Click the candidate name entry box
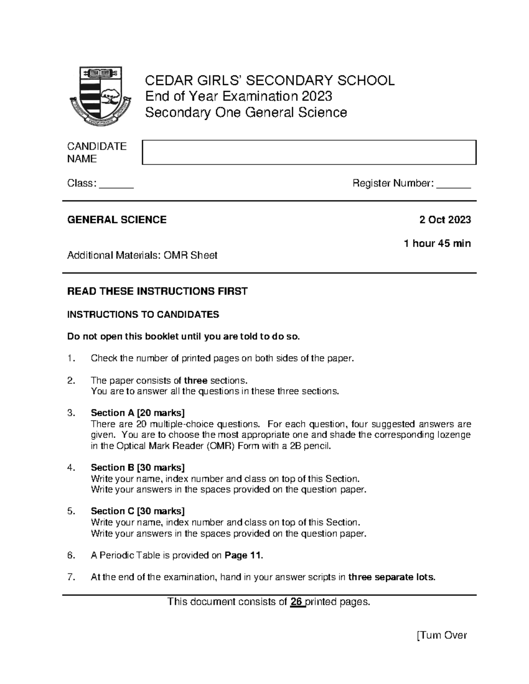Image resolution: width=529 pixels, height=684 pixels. (x=309, y=152)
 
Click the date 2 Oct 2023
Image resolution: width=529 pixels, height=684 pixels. (x=445, y=220)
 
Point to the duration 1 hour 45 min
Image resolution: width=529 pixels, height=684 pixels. (x=437, y=243)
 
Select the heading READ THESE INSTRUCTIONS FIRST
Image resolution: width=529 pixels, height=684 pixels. (x=157, y=291)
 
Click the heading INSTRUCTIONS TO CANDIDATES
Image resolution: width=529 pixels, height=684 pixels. (x=143, y=314)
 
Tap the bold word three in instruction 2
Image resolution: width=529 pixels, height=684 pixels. (x=196, y=381)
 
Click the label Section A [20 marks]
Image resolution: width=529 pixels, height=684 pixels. (x=138, y=413)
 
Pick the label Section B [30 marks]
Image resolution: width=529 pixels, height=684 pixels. (x=138, y=467)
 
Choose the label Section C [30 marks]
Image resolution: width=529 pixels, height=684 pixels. (x=138, y=511)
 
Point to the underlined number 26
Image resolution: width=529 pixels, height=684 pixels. (x=296, y=602)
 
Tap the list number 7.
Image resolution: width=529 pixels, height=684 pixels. (x=71, y=577)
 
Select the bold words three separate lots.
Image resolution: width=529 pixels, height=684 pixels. (x=391, y=577)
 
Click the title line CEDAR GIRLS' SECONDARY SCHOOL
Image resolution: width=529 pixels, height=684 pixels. (x=270, y=81)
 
